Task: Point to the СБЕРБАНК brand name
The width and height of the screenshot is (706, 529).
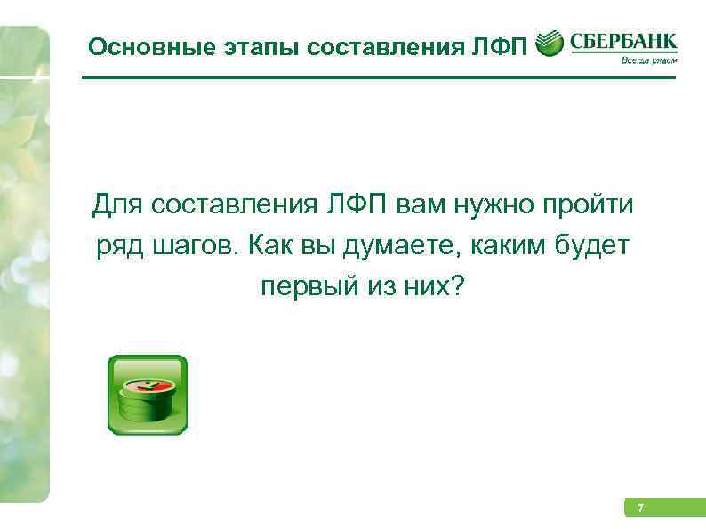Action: pos(622,41)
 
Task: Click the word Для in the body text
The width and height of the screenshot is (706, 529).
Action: pos(116,206)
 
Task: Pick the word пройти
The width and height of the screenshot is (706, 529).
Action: pos(589,206)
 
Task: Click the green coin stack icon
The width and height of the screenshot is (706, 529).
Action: pos(147,395)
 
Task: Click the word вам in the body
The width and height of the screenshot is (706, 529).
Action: pos(420,206)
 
